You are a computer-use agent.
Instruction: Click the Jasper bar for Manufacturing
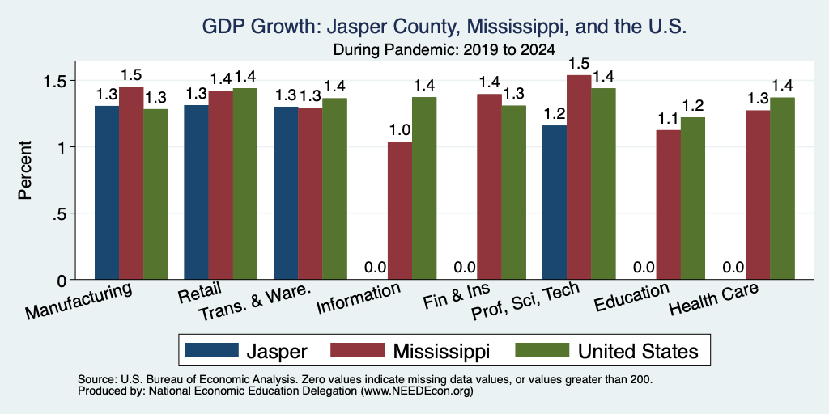pyautogui.click(x=107, y=192)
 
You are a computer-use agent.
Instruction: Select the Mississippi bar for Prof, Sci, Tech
pyautogui.click(x=579, y=177)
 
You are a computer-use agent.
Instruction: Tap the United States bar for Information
pyautogui.click(x=424, y=188)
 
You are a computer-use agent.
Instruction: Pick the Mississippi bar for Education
pyautogui.click(x=668, y=205)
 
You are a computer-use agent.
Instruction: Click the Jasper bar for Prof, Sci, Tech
pyautogui.click(x=555, y=202)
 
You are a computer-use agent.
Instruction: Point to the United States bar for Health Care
pyautogui.click(x=783, y=188)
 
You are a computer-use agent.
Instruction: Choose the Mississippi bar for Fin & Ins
pyautogui.click(x=490, y=187)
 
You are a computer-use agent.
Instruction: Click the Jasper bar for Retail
pyautogui.click(x=196, y=192)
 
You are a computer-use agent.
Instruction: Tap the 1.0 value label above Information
pyautogui.click(x=400, y=130)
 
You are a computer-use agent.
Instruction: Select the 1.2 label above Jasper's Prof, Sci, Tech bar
pyautogui.click(x=555, y=114)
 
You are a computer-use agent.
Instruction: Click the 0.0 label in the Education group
pyautogui.click(x=644, y=268)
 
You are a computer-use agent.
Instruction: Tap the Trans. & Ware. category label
pyautogui.click(x=253, y=303)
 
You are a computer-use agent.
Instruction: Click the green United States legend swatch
pyautogui.click(x=542, y=350)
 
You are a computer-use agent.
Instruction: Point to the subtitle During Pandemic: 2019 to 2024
pyautogui.click(x=444, y=50)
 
